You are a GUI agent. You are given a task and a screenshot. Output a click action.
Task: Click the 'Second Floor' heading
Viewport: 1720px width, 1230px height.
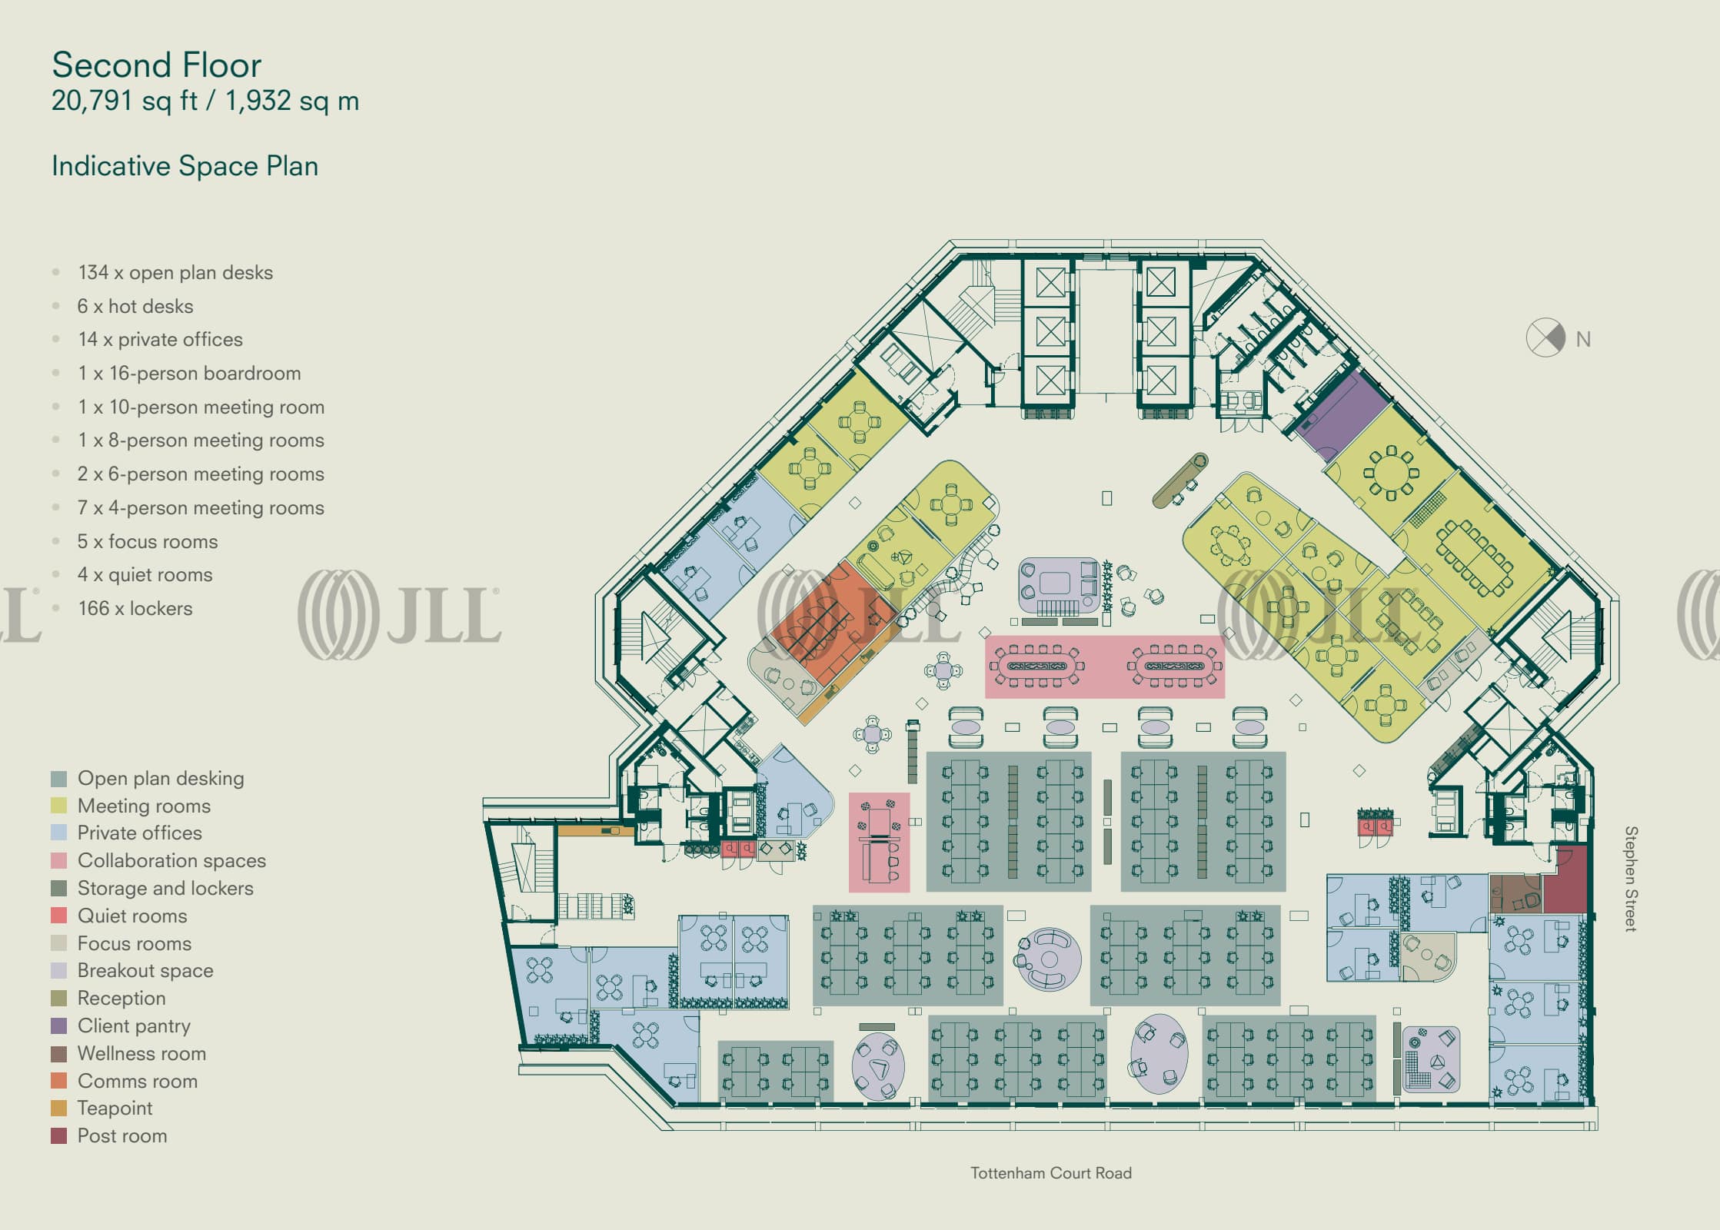(x=156, y=65)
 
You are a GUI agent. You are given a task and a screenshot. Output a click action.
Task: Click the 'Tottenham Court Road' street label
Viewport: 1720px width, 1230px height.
(x=1050, y=1173)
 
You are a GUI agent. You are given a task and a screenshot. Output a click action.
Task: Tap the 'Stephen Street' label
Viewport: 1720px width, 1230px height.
(x=1630, y=879)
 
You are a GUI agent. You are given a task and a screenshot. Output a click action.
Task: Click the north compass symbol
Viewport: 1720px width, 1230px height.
(x=1545, y=337)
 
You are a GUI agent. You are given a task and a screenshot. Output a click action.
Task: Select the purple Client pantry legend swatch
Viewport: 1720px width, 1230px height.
(x=59, y=1026)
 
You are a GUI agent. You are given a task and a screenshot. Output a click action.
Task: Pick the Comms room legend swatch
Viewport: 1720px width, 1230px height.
(x=59, y=1081)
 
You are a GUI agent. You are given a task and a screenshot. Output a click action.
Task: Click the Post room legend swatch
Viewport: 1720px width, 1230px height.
(x=59, y=1135)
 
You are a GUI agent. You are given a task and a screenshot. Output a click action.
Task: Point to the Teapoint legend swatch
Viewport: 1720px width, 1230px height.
(x=59, y=1108)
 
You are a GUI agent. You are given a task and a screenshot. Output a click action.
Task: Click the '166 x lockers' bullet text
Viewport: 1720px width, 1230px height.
(x=135, y=608)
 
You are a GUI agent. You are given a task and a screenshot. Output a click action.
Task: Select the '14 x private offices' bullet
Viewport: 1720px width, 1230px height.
(x=160, y=339)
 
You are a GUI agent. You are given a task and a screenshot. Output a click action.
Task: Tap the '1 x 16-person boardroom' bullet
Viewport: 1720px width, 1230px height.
(x=189, y=373)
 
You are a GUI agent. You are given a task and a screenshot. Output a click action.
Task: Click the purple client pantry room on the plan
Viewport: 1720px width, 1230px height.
(x=1342, y=417)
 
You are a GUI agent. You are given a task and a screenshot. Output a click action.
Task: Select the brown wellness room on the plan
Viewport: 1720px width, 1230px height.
(x=1515, y=893)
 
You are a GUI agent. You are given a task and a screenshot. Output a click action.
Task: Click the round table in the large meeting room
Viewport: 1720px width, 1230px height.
(x=1390, y=473)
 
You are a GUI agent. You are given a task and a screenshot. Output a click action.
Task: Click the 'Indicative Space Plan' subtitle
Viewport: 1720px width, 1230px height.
(x=185, y=166)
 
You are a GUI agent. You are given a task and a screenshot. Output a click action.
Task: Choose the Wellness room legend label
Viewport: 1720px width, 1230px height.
(x=141, y=1053)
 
